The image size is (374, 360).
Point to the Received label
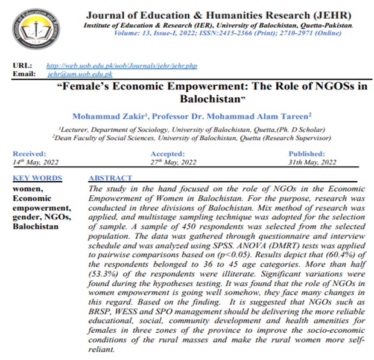coord(29,154)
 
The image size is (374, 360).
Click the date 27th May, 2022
coord(173,162)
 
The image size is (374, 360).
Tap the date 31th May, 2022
coord(311,162)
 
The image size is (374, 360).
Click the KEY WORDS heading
coord(37,178)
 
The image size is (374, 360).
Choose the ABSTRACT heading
coord(110,178)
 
